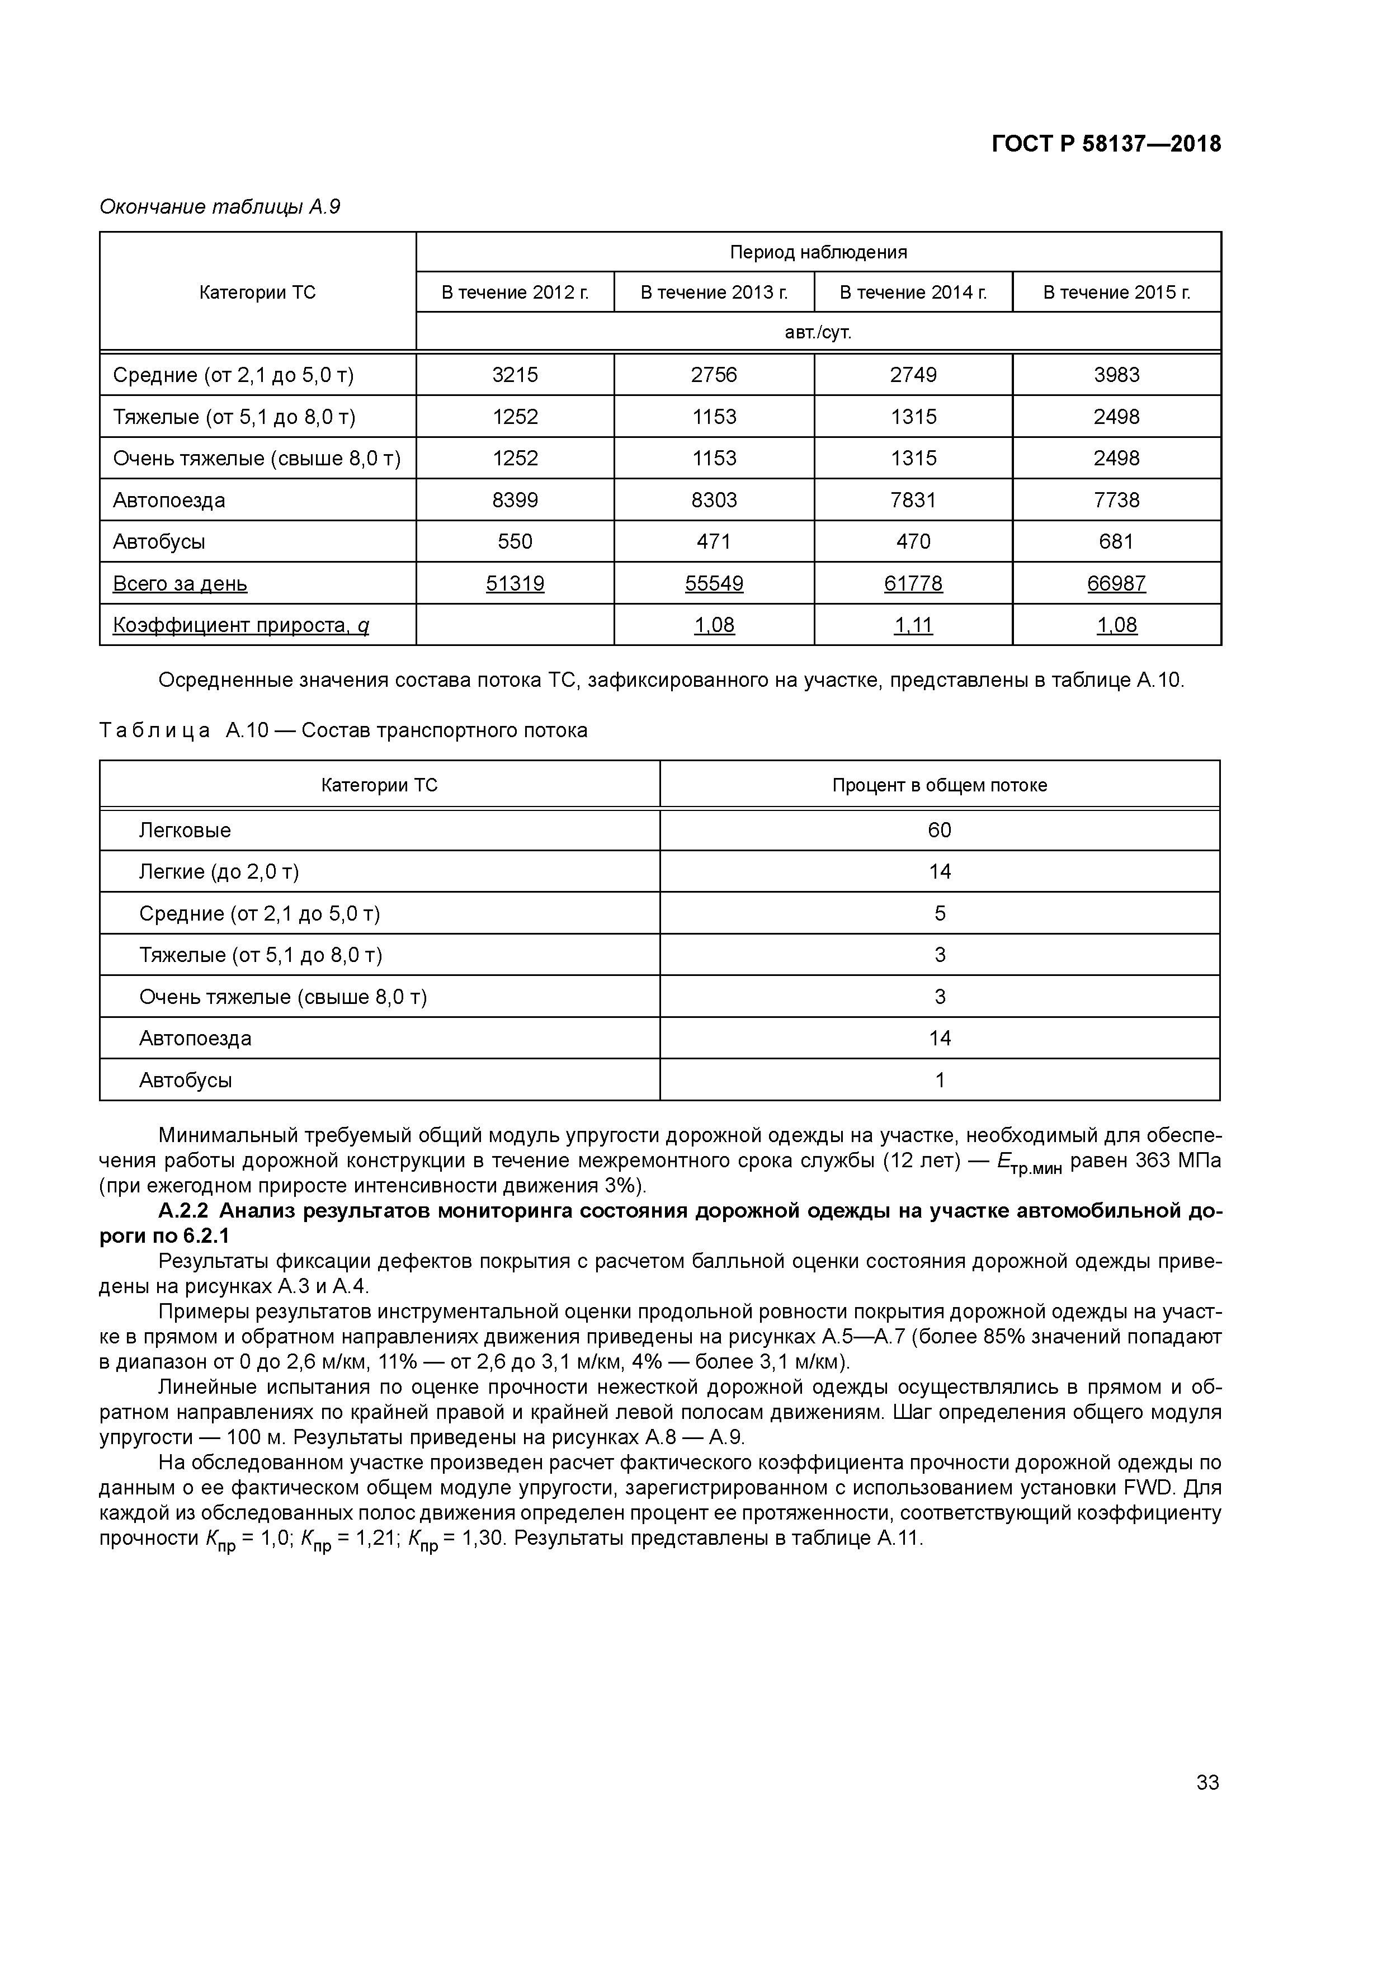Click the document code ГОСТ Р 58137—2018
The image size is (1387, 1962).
1106,144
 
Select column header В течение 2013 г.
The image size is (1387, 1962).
714,293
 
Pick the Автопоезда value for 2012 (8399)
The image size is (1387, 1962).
515,500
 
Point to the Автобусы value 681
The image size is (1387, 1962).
1116,542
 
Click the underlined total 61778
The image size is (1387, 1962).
913,584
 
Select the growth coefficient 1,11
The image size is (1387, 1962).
913,625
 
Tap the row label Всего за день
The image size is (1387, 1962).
180,584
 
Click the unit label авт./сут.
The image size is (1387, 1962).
818,332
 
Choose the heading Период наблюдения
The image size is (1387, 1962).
818,252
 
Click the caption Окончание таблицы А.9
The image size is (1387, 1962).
220,207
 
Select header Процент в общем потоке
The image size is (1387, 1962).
939,785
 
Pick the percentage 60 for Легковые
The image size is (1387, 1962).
939,831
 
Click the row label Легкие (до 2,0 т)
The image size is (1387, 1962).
219,871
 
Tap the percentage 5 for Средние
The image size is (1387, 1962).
939,913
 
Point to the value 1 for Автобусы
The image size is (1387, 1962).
939,1080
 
